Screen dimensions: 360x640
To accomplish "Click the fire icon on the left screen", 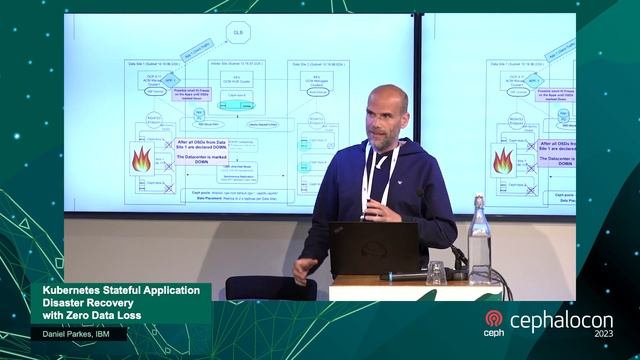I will coord(142,159).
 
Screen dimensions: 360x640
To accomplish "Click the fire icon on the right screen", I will coord(502,160).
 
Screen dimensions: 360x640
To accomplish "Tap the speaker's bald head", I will coord(386,100).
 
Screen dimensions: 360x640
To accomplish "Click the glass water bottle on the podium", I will coord(480,240).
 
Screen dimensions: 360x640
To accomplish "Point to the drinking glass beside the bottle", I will coord(436,273).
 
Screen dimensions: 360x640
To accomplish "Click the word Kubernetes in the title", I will coord(71,291).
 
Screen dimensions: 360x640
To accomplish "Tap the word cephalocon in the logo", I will coord(559,321).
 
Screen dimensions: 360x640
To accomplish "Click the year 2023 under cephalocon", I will coord(603,334).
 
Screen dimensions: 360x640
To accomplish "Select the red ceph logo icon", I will coord(493,319).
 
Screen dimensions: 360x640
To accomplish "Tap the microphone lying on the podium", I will coord(410,275).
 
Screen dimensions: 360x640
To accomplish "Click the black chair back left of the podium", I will coord(271,288).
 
